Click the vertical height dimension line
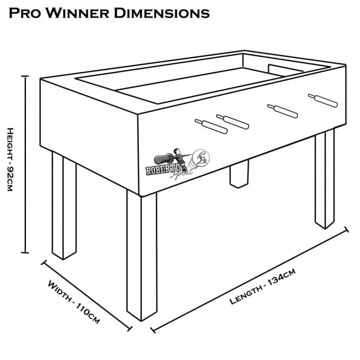click(x=24, y=162)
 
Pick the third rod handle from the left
click(x=282, y=110)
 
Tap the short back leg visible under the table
click(x=237, y=175)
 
